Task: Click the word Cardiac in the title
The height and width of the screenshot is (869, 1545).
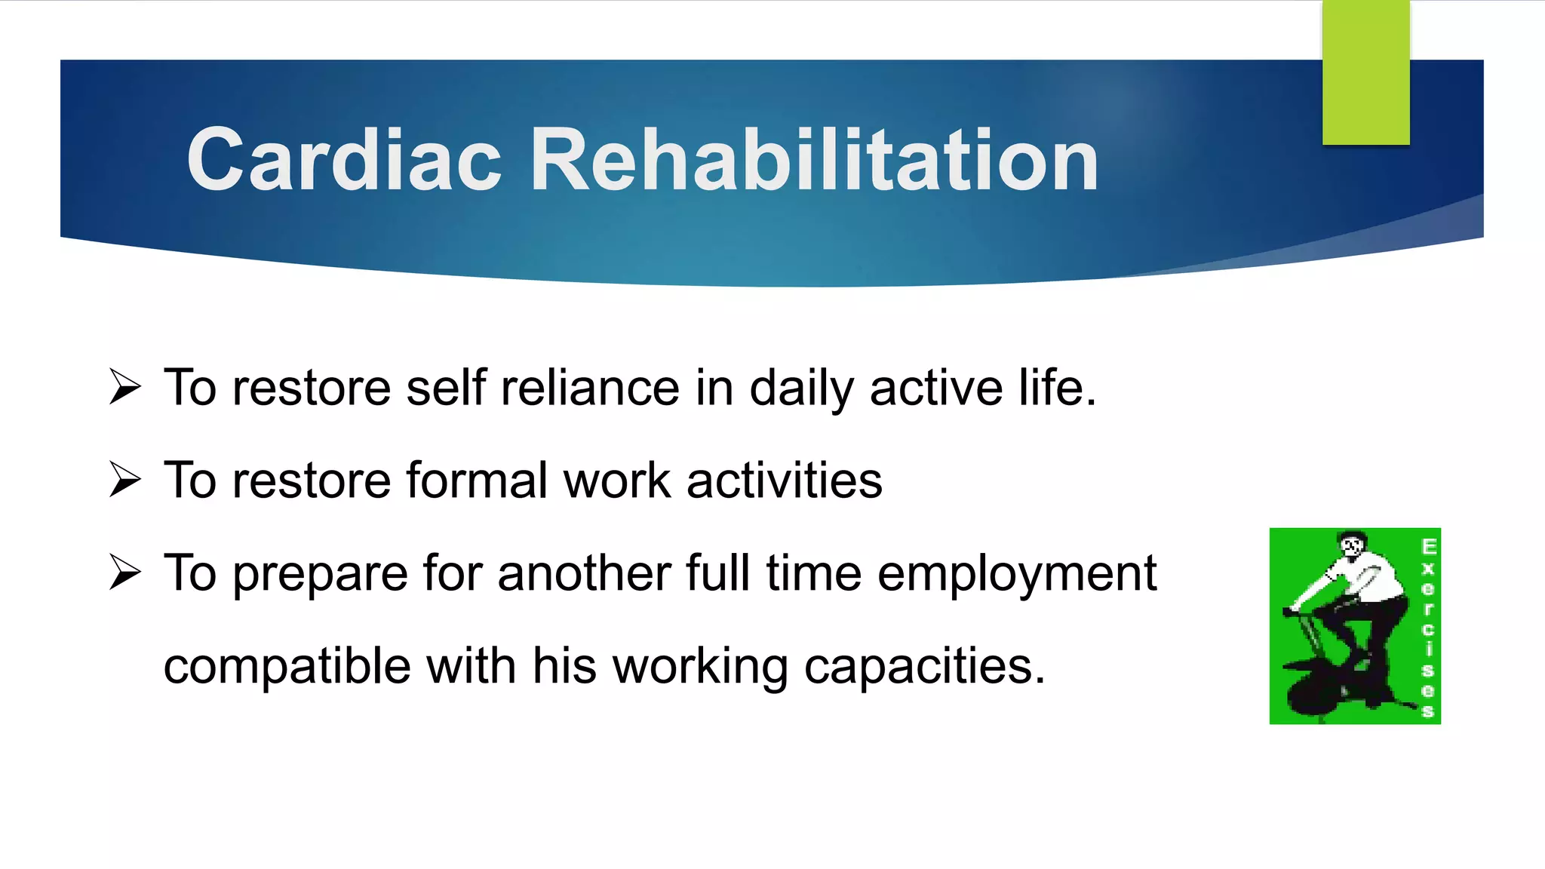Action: (x=344, y=160)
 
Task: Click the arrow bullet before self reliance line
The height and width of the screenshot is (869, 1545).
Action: (x=124, y=387)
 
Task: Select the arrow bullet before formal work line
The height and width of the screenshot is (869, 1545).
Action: (x=124, y=480)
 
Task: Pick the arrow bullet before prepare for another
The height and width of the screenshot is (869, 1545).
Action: (x=124, y=573)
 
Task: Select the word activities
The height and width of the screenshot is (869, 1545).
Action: (x=784, y=481)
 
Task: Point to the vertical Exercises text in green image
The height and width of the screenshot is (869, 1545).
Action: (x=1428, y=626)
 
